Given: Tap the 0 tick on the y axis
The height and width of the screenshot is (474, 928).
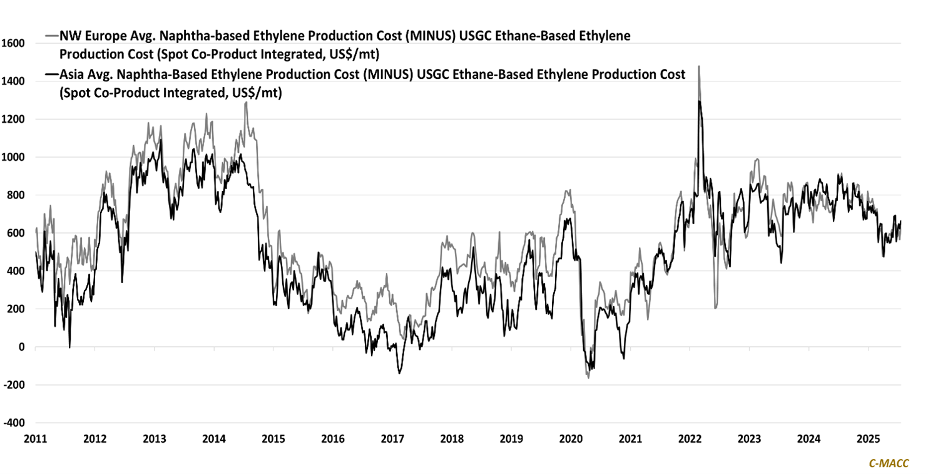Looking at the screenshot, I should pos(22,347).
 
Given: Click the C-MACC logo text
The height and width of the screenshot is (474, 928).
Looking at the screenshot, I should pos(889,463).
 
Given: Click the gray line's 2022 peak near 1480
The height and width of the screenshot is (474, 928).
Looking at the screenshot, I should pos(698,66).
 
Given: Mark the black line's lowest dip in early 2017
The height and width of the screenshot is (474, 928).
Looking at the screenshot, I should pos(399,373).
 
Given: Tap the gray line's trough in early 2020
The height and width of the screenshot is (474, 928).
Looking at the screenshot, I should pos(588,377).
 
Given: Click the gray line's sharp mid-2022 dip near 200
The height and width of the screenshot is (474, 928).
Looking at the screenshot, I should pos(715,307).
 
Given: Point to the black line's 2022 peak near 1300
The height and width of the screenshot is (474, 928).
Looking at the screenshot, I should pos(699,101).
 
